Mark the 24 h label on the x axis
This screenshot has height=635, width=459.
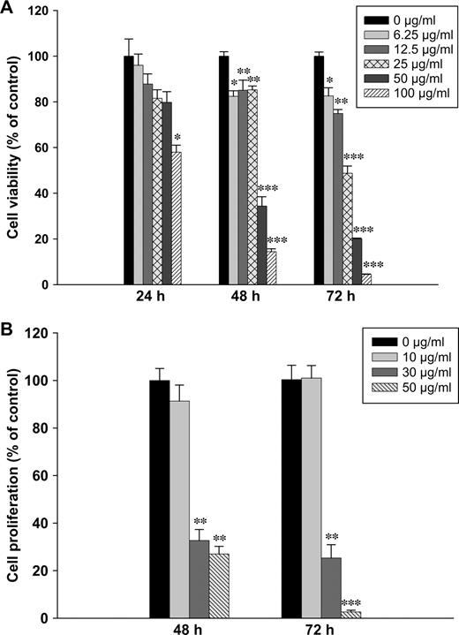(x=153, y=297)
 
